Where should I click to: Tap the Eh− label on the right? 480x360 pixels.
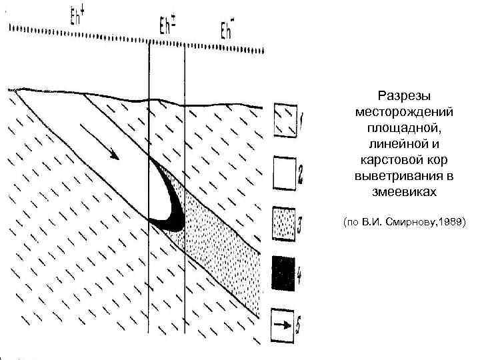228,31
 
